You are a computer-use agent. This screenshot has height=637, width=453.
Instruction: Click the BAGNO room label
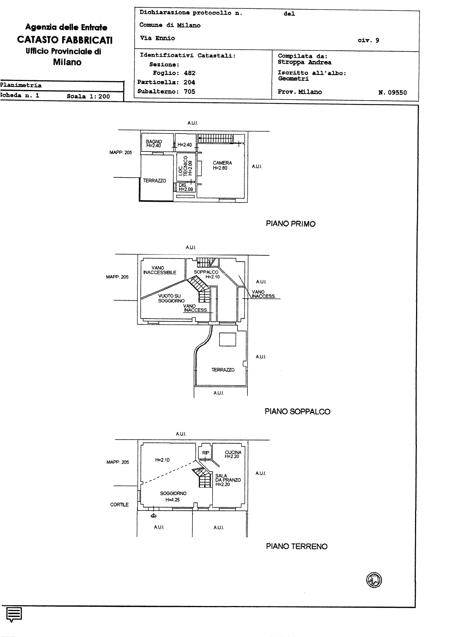(154, 143)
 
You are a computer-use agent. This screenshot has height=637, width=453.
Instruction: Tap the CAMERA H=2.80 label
(222, 166)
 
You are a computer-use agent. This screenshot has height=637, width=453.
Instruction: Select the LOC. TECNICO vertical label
(185, 166)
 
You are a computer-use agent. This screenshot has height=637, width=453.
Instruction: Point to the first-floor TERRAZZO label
(155, 181)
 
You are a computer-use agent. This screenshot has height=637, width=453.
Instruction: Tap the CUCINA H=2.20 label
(233, 454)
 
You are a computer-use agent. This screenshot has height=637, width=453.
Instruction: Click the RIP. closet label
(206, 453)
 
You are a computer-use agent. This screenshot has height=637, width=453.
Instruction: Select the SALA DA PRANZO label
(228, 480)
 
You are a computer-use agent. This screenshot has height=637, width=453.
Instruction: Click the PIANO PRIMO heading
(291, 224)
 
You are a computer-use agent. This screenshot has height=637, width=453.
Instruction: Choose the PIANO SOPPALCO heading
(297, 412)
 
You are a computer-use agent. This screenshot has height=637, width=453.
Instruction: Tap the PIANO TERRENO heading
(297, 547)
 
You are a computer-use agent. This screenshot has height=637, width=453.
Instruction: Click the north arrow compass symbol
(374, 580)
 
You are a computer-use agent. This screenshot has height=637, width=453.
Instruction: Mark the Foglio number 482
(190, 73)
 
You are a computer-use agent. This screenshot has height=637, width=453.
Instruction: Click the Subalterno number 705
(189, 92)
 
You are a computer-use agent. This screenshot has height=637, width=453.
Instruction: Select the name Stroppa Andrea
(305, 62)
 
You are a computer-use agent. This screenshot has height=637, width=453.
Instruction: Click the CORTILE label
(119, 505)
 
